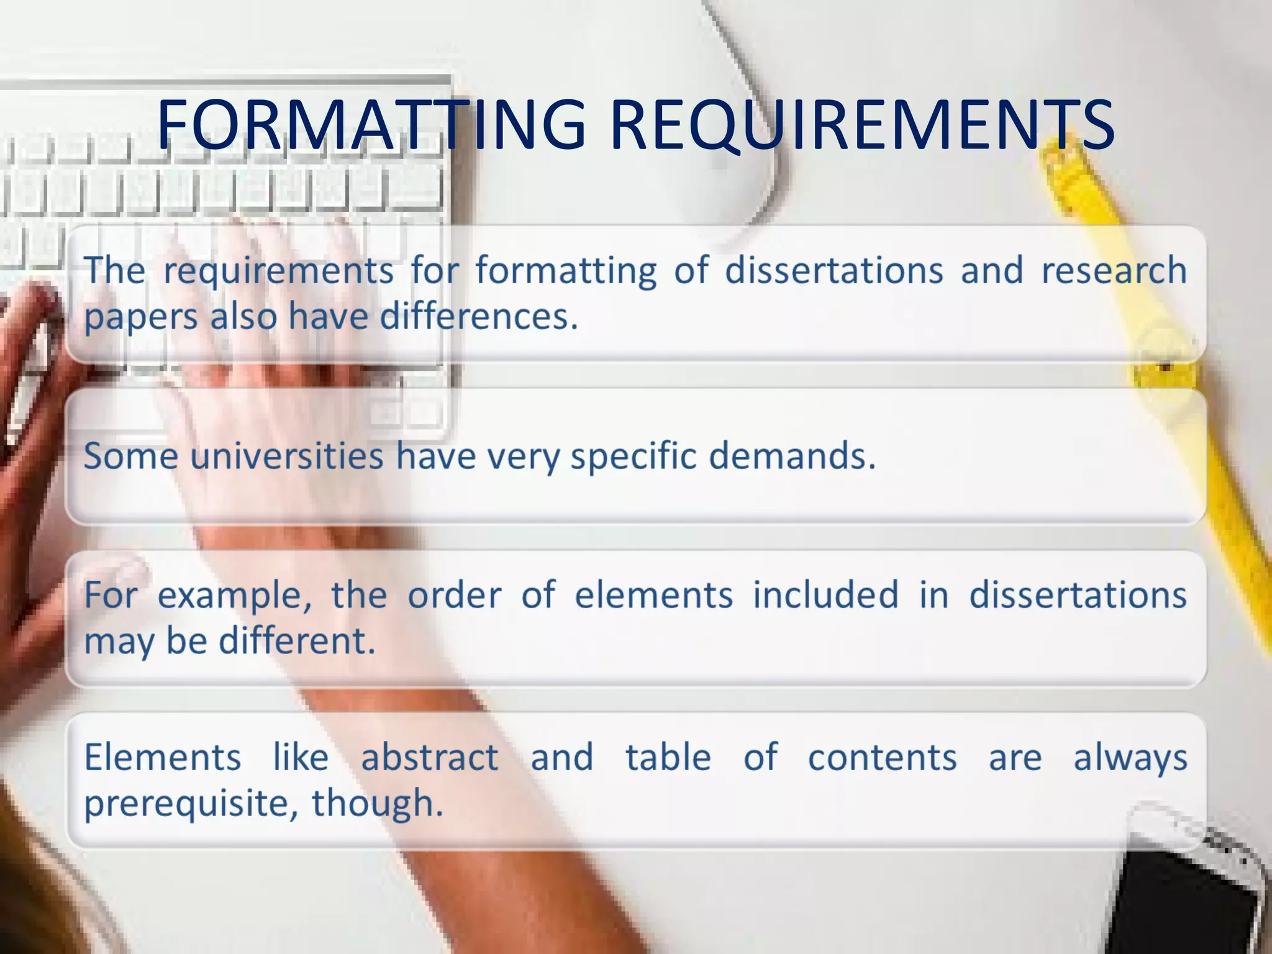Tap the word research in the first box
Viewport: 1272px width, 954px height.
click(1114, 271)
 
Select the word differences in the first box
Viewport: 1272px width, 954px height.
click(478, 317)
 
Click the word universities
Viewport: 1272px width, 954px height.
click(287, 457)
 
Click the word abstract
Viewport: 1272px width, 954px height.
click(429, 758)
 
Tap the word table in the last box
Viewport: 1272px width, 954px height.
click(668, 758)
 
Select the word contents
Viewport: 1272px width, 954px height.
click(882, 758)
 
